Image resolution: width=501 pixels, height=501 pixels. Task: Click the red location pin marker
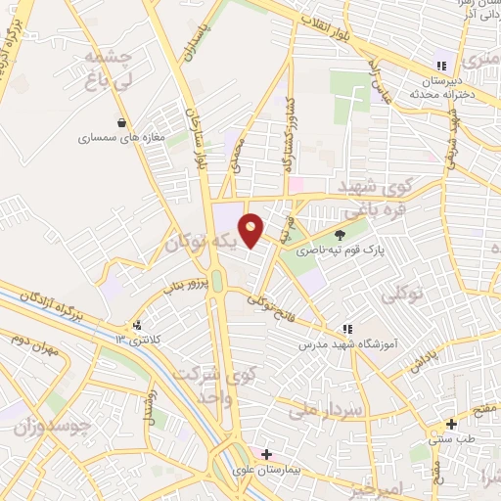(x=251, y=228)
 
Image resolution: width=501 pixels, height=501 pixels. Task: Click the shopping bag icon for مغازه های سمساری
(x=120, y=123)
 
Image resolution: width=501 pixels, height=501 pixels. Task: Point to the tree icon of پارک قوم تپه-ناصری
(x=340, y=235)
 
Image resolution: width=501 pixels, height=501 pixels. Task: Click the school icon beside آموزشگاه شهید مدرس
(x=345, y=330)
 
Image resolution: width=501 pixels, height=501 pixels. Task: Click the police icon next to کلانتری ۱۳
(x=136, y=325)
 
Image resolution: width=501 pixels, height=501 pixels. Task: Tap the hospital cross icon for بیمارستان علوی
(x=266, y=455)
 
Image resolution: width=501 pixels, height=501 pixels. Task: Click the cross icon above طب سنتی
(x=451, y=425)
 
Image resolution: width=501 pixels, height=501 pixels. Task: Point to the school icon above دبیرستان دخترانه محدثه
(x=441, y=66)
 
